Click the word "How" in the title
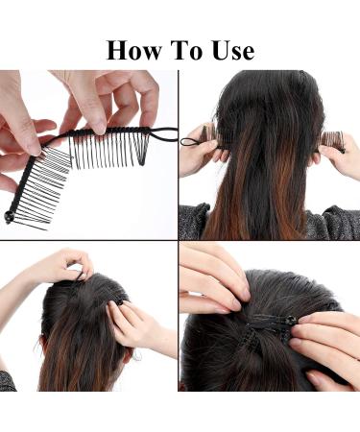133,51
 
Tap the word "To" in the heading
186,51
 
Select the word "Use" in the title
233,51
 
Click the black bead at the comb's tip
8,216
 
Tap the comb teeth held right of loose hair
333,141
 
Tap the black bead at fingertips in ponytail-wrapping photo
120,302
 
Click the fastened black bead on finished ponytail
291,320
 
